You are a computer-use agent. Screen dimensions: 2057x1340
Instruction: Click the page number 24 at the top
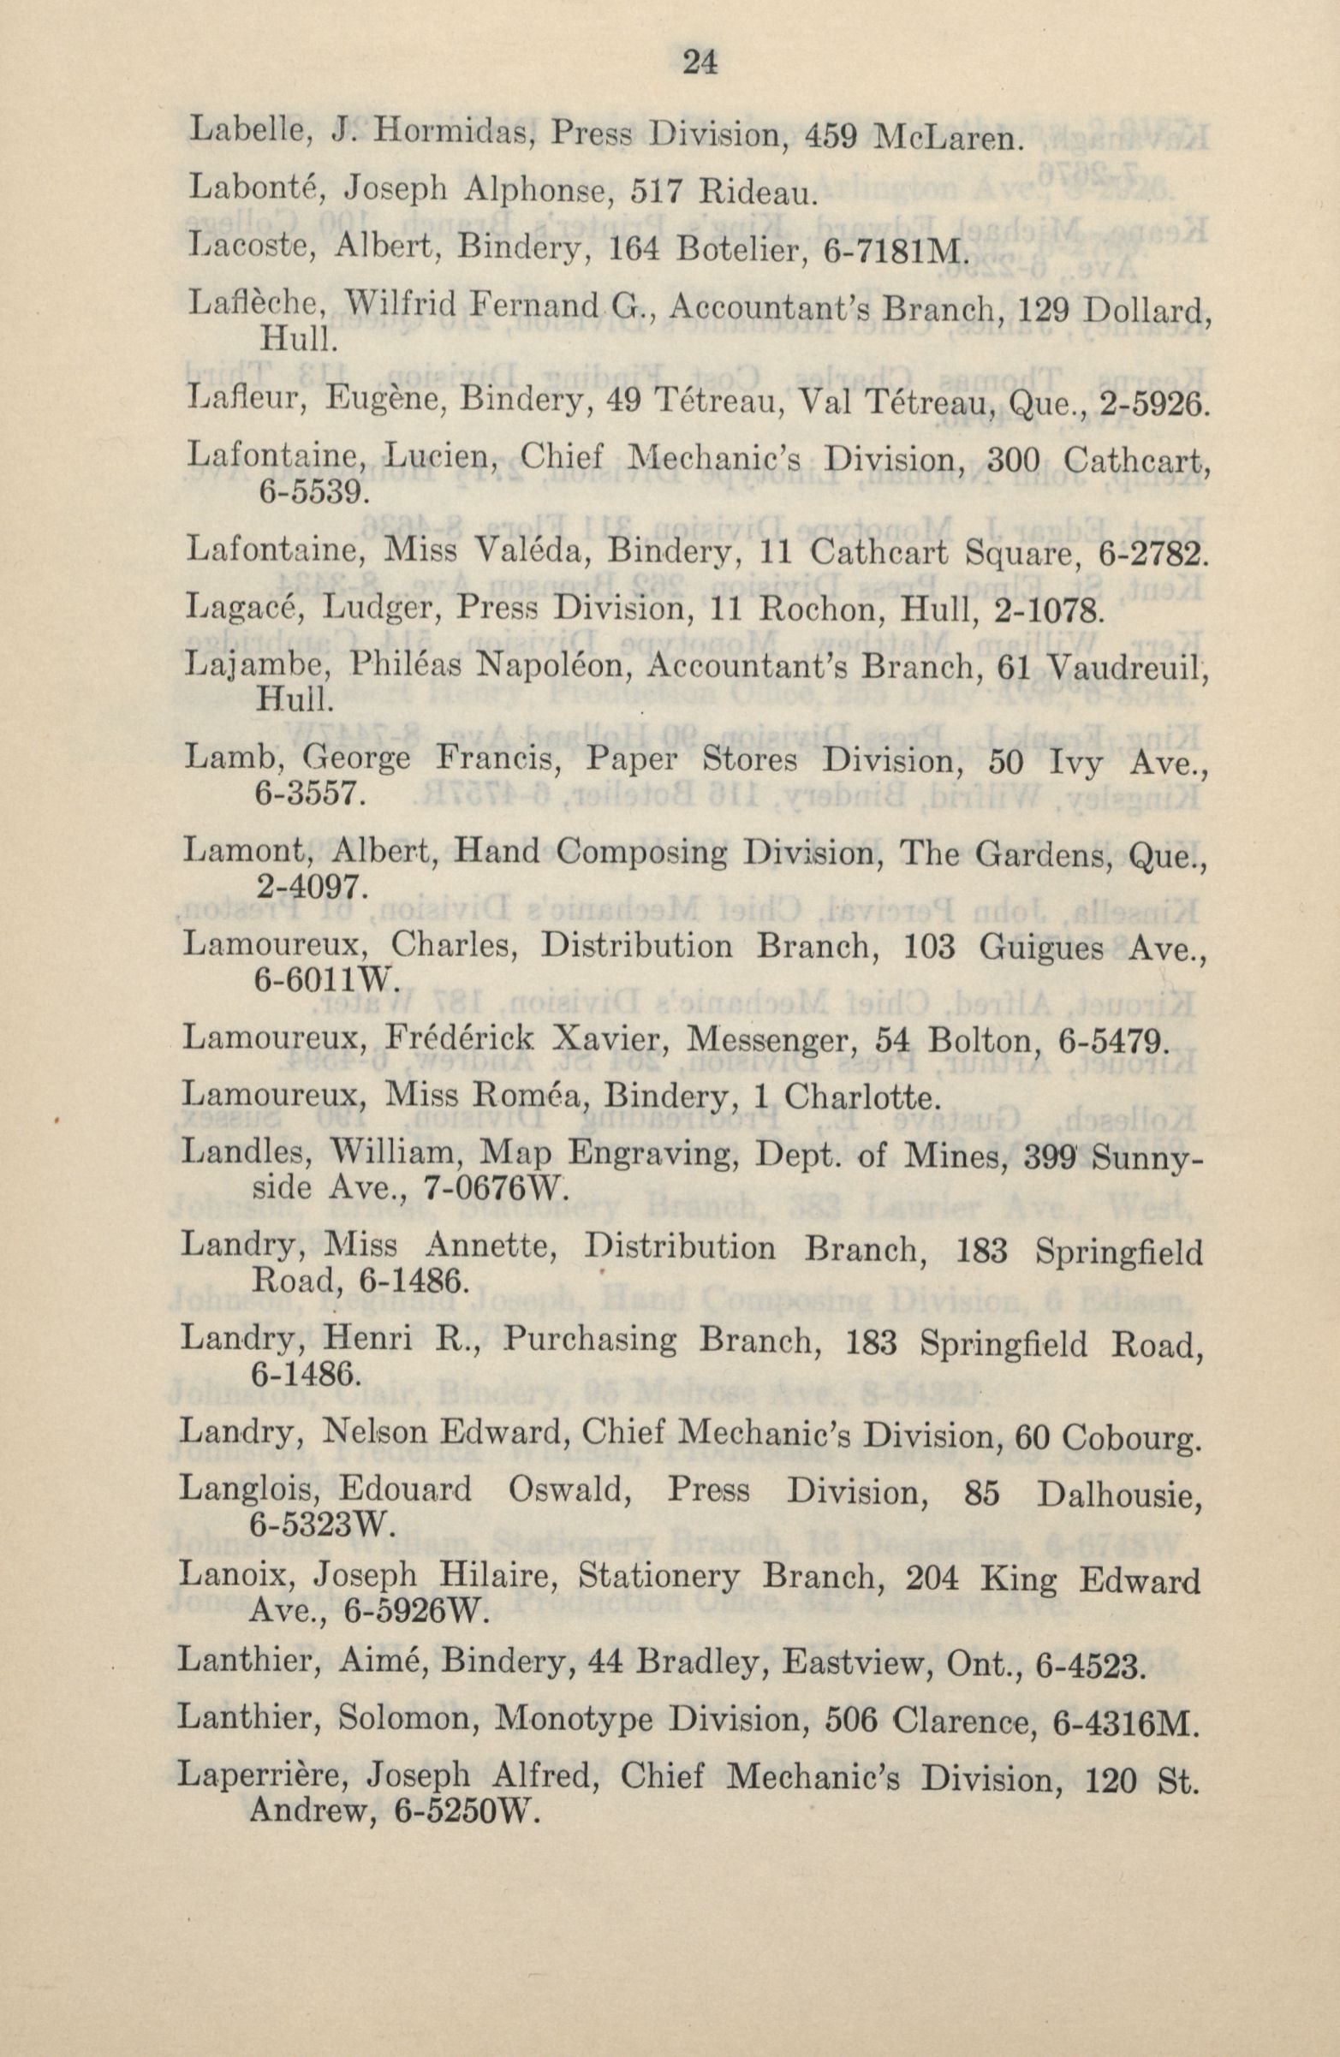700,64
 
